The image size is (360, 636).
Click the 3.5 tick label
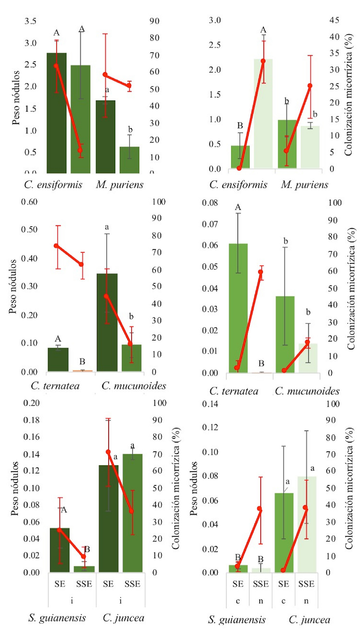[30, 21]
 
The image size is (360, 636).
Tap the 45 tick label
[334, 20]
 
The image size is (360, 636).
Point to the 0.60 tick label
[29, 202]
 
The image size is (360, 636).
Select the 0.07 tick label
[210, 224]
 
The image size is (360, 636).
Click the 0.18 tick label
[31, 420]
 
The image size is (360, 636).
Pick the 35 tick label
[334, 53]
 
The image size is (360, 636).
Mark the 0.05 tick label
[210, 267]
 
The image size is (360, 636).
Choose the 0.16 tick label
[31, 437]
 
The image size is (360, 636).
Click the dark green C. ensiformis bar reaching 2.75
[57, 113]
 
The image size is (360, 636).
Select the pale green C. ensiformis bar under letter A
[263, 113]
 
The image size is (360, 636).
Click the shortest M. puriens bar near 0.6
[130, 160]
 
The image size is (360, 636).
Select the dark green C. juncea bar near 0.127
[108, 519]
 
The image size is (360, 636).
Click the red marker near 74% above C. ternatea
[56, 246]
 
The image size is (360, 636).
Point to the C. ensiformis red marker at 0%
[239, 168]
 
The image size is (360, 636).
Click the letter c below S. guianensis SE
[238, 601]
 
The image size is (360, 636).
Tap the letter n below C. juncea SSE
[306, 601]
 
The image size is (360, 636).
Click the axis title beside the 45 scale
[349, 94]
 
